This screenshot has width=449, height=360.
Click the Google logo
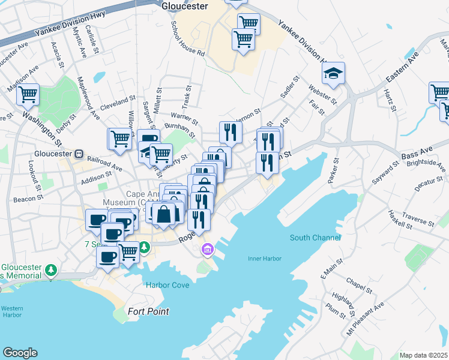tap(20, 353)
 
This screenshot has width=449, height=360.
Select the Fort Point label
tap(148, 311)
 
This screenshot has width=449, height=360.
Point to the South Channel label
tap(315, 238)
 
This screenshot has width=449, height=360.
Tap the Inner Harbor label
tap(265, 259)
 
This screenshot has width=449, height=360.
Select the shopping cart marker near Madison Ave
tap(28, 94)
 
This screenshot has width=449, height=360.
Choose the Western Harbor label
tap(11, 312)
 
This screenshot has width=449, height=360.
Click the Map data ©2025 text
tap(423, 355)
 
